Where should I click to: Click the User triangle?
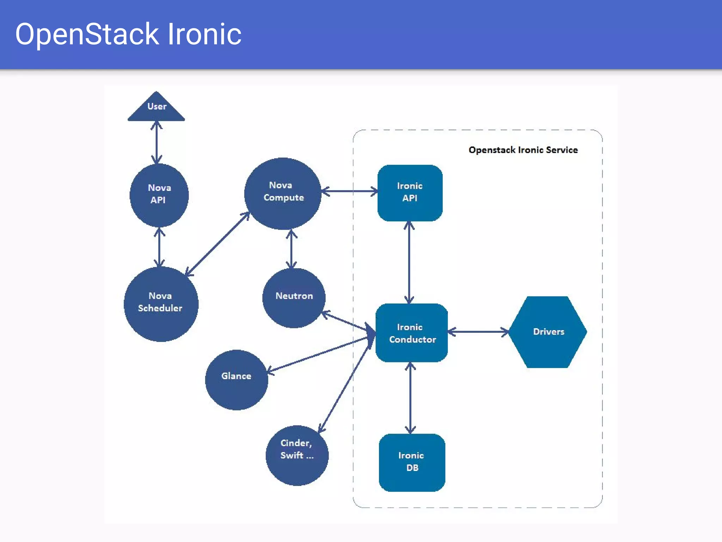pos(156,108)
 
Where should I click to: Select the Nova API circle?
pos(159,195)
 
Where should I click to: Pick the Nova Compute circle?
pos(283,193)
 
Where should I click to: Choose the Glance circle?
pos(236,379)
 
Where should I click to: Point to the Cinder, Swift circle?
pos(297,455)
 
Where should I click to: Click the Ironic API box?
pos(410,193)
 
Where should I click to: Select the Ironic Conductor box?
pos(411,333)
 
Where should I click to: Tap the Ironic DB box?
pos(412,462)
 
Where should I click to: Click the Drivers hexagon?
pos(548,332)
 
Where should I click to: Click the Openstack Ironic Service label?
pos(523,150)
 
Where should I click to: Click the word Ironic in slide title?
pos(204,34)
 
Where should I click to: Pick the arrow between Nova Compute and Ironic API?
pos(349,191)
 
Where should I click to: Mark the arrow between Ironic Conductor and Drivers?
pos(478,332)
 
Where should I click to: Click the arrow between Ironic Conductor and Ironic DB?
pos(410,398)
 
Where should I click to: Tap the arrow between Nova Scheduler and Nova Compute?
pos(217,244)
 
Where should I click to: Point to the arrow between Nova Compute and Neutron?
pos(291,249)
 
